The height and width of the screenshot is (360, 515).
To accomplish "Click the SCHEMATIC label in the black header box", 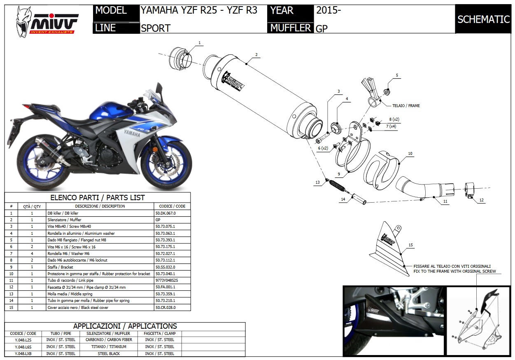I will tap(483, 19).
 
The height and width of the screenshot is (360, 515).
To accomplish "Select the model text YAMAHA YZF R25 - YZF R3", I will tap(199, 10).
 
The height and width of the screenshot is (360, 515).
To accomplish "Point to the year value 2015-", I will tap(328, 10).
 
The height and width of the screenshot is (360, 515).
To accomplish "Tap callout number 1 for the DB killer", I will tap(199, 43).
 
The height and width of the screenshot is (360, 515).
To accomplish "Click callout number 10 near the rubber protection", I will tap(410, 154).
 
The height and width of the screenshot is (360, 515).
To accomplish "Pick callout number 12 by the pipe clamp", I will tap(482, 200).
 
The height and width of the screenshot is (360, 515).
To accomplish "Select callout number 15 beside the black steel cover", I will tap(410, 245).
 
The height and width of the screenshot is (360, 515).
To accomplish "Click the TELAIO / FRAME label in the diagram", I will tap(406, 106).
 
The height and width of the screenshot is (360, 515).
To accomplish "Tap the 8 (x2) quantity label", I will tap(394, 119).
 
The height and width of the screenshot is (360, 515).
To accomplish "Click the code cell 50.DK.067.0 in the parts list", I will tap(165, 213).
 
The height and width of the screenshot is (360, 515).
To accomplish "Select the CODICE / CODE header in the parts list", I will tap(172, 206).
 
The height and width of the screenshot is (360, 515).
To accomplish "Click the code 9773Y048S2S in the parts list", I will tap(167, 281).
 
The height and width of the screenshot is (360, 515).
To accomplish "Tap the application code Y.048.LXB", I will tap(23, 353).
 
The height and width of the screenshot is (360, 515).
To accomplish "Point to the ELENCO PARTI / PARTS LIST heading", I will tap(97, 197).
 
